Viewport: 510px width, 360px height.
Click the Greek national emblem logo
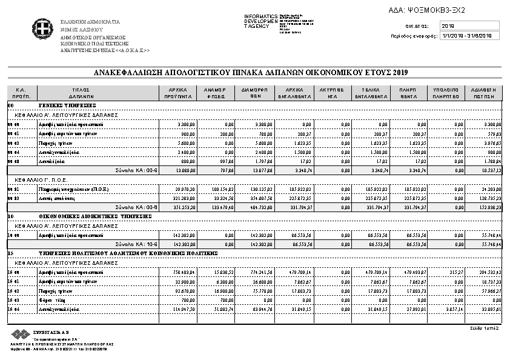click(x=43, y=28)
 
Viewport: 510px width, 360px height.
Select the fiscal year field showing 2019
click(x=469, y=26)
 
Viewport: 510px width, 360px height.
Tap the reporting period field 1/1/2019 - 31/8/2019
click(x=469, y=36)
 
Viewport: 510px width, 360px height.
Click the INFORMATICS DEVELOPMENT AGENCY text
click(x=260, y=22)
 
